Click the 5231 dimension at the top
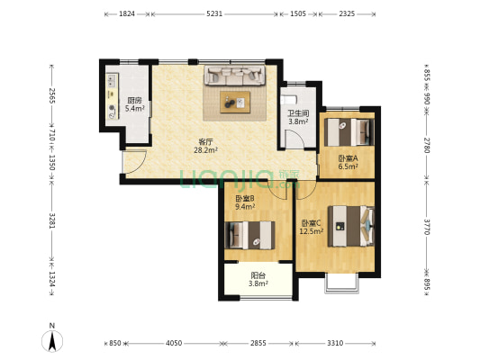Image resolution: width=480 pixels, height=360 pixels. coord(214,13)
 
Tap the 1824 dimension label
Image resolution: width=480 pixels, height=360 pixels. coord(127,13)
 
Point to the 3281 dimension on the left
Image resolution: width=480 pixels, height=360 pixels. coord(52,220)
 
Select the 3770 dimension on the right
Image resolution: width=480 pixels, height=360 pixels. coord(427,227)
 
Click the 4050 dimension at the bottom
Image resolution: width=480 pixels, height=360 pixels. coord(174,343)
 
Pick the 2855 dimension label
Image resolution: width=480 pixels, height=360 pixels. coord(258,343)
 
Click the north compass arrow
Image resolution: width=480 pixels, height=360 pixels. coord(52,341)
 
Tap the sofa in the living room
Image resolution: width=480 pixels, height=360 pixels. coord(235,76)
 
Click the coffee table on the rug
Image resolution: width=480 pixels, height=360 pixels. coord(235,103)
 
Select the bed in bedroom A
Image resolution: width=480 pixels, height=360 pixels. coord(349,132)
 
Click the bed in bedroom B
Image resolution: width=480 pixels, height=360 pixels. coord(249,235)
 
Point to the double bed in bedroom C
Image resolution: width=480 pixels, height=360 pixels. coord(351,226)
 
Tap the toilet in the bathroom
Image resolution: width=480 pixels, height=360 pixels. coord(289,100)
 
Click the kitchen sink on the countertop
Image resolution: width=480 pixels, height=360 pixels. coord(112,80)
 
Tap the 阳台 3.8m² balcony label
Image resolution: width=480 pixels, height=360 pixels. coord(258,279)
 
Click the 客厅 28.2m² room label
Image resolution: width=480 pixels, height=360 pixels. coord(205,146)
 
